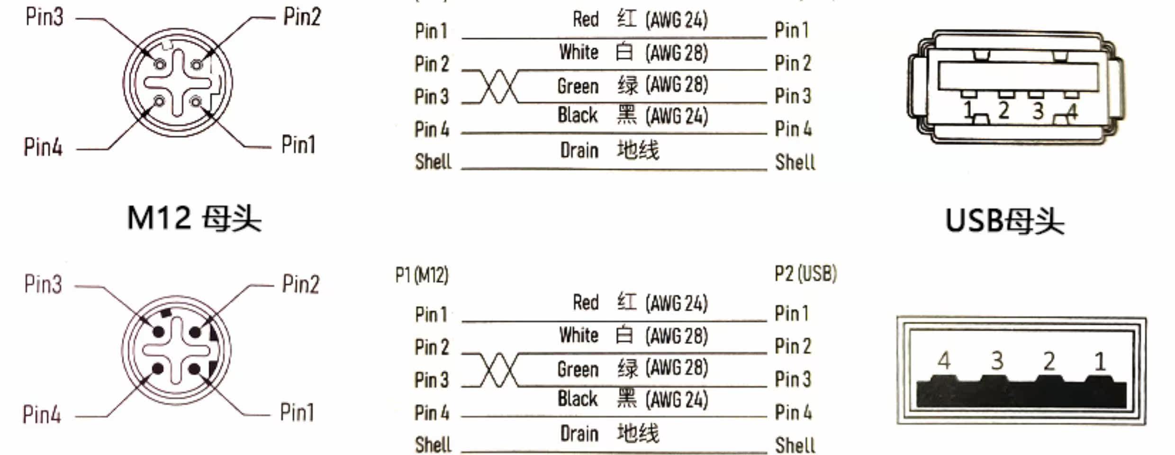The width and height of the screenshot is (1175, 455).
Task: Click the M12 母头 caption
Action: (x=194, y=219)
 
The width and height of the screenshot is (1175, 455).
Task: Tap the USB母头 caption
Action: (x=1005, y=221)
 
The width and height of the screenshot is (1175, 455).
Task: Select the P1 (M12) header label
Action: (x=422, y=275)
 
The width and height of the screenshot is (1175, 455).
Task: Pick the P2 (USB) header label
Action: (x=806, y=274)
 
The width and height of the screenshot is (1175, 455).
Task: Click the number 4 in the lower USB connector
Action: (x=944, y=361)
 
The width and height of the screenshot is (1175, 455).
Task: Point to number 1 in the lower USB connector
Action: (x=1100, y=362)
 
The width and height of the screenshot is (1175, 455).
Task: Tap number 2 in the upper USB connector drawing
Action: (x=1003, y=110)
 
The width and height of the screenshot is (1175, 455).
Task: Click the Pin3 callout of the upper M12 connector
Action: (x=44, y=17)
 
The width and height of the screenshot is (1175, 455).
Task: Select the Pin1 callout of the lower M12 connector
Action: (x=297, y=412)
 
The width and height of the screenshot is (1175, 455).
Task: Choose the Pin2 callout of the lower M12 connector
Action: (x=301, y=284)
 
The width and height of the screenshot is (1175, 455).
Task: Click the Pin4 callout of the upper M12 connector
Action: (x=43, y=147)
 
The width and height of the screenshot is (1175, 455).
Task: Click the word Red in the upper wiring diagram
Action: (x=586, y=19)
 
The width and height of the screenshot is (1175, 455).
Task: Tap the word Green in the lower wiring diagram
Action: (x=578, y=369)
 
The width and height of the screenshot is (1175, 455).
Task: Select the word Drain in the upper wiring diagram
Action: (x=579, y=151)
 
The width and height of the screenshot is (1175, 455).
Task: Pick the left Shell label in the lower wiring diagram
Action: (x=433, y=445)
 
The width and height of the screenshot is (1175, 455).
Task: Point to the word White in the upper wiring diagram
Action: (x=579, y=52)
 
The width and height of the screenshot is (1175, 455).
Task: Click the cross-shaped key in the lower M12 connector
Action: (x=176, y=350)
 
